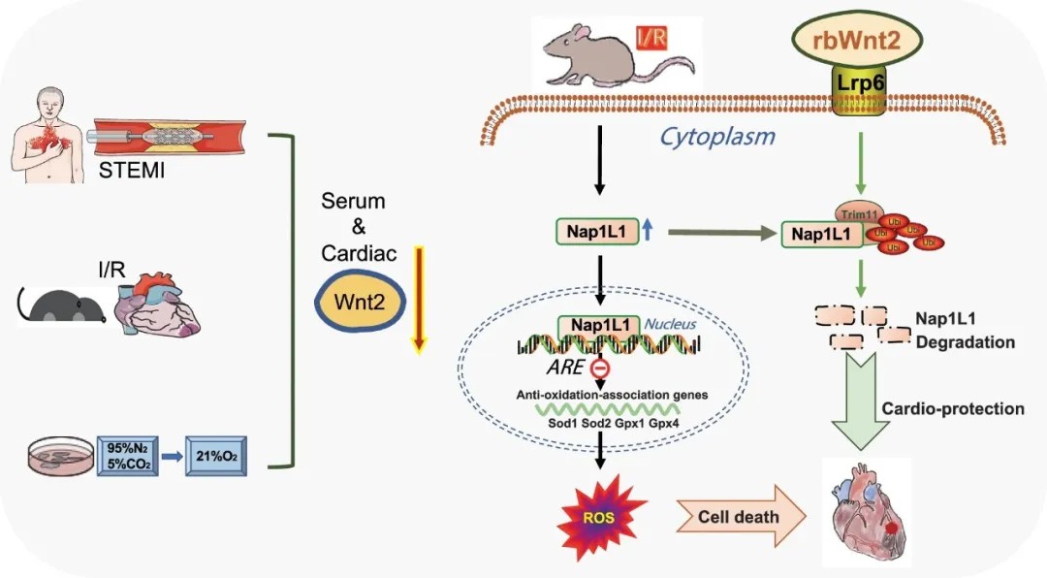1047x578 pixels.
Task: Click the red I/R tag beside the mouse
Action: (649, 39)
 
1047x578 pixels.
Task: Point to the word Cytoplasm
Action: (717, 136)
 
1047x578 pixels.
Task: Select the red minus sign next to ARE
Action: (602, 369)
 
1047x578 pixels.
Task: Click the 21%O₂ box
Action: (215, 456)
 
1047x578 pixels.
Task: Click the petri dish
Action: (62, 455)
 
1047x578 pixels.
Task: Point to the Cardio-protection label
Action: (952, 408)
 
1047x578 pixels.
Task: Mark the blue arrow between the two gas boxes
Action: (171, 456)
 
